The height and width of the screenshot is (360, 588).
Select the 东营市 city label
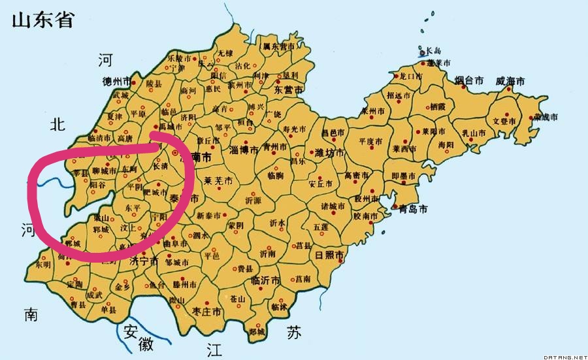287,90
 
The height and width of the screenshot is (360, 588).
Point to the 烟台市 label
469,80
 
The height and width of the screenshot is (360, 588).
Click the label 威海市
510,82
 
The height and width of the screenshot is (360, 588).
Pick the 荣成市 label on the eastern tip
545,117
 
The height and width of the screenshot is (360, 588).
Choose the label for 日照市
329,254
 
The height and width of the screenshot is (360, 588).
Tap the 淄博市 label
246,150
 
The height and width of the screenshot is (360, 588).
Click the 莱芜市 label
219,180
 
